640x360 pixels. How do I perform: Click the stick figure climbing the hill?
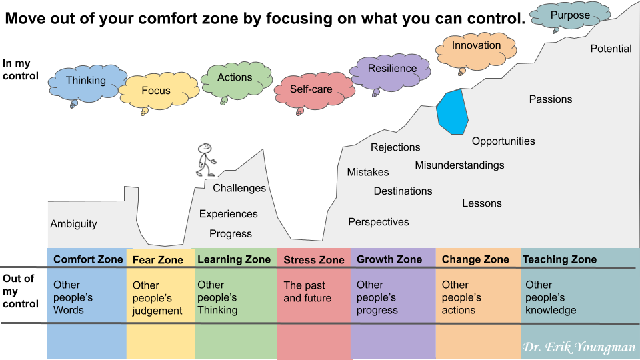click(x=206, y=160)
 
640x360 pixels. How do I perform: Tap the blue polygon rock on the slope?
click(x=452, y=111)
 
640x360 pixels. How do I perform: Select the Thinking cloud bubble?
click(x=87, y=84)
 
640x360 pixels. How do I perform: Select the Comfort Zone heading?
click(x=88, y=259)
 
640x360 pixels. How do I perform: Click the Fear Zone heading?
click(x=157, y=260)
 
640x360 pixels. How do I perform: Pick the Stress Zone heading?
click(x=314, y=260)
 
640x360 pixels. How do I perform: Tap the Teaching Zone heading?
click(x=559, y=259)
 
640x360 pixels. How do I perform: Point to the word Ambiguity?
click(x=73, y=224)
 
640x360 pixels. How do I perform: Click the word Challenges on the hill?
click(x=239, y=188)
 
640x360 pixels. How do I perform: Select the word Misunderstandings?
click(x=459, y=165)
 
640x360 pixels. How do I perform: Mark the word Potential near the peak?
click(x=611, y=49)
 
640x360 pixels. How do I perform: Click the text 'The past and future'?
click(x=307, y=292)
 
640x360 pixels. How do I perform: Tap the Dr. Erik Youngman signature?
click(x=579, y=347)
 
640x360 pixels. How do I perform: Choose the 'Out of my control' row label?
click(x=21, y=291)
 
